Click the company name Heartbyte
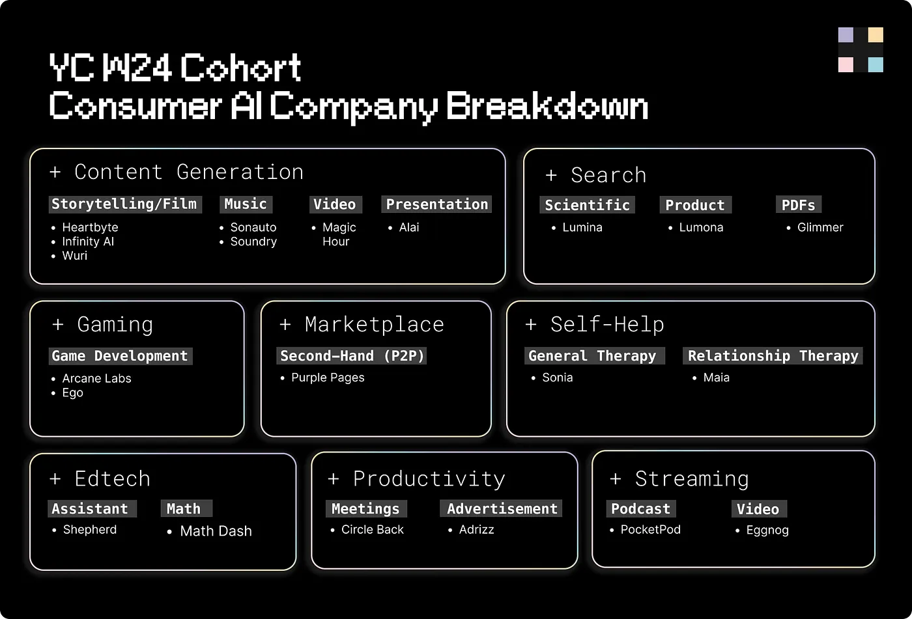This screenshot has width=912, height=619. pyautogui.click(x=90, y=227)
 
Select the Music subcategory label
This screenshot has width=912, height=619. pyautogui.click(x=245, y=204)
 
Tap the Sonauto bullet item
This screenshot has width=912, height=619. pyautogui.click(x=253, y=227)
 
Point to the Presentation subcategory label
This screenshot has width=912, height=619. pyautogui.click(x=436, y=204)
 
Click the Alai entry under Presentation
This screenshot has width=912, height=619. pyautogui.click(x=409, y=227)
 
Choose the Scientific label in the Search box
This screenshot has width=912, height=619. pyautogui.click(x=587, y=205)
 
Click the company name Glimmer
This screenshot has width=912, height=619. pyautogui.click(x=820, y=227)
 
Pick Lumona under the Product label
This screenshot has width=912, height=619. pyautogui.click(x=701, y=227)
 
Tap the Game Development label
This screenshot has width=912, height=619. pyautogui.click(x=120, y=356)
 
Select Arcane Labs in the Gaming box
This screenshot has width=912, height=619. pyautogui.click(x=96, y=378)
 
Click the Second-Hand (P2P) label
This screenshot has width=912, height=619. pyautogui.click(x=352, y=356)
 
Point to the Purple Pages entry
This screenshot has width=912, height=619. pyautogui.click(x=328, y=378)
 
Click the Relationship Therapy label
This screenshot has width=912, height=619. pyautogui.click(x=773, y=356)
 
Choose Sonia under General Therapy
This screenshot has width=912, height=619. pyautogui.click(x=558, y=378)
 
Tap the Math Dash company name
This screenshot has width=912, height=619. pyautogui.click(x=216, y=531)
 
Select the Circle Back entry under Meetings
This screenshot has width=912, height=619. pyautogui.click(x=372, y=530)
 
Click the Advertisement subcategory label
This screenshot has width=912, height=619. pyautogui.click(x=502, y=509)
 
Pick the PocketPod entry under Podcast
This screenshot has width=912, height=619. pyautogui.click(x=650, y=530)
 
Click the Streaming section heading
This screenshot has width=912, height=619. pyautogui.click(x=691, y=479)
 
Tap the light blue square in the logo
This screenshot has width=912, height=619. pyautogui.click(x=876, y=64)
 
